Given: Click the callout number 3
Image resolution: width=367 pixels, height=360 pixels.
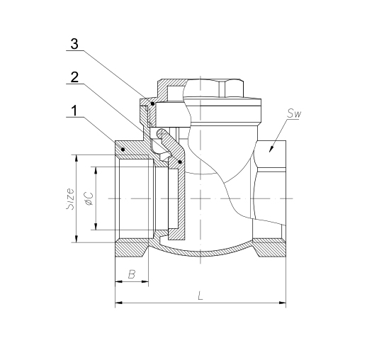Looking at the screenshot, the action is click(x=74, y=44).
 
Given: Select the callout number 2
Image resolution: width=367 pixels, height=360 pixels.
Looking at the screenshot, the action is click(x=74, y=77).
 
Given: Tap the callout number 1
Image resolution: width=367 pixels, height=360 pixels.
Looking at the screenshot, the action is click(x=74, y=111).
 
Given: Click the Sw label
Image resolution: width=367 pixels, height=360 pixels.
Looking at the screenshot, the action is click(x=294, y=114).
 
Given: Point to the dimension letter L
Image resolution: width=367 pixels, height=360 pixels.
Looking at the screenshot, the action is click(x=201, y=296).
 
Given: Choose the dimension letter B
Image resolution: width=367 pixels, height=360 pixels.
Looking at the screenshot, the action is click(x=132, y=274).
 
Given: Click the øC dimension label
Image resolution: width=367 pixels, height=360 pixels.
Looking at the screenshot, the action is click(x=90, y=198).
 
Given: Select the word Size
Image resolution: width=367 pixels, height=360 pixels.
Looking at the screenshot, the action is click(x=70, y=198).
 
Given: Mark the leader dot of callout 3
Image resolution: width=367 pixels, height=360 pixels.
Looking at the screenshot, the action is click(x=152, y=103).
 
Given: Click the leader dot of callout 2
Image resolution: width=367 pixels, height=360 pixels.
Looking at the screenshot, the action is click(x=180, y=162).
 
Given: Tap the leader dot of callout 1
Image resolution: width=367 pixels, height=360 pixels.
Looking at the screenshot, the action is click(x=123, y=149).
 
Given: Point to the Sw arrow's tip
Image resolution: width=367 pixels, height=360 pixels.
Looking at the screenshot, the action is click(x=270, y=152).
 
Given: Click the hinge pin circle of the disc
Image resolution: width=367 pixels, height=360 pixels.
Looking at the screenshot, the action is click(x=162, y=135).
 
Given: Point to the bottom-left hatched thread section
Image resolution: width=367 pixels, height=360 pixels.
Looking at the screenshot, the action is click(x=132, y=248).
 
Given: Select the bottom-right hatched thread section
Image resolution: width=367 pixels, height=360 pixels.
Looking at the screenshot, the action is click(x=269, y=248).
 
